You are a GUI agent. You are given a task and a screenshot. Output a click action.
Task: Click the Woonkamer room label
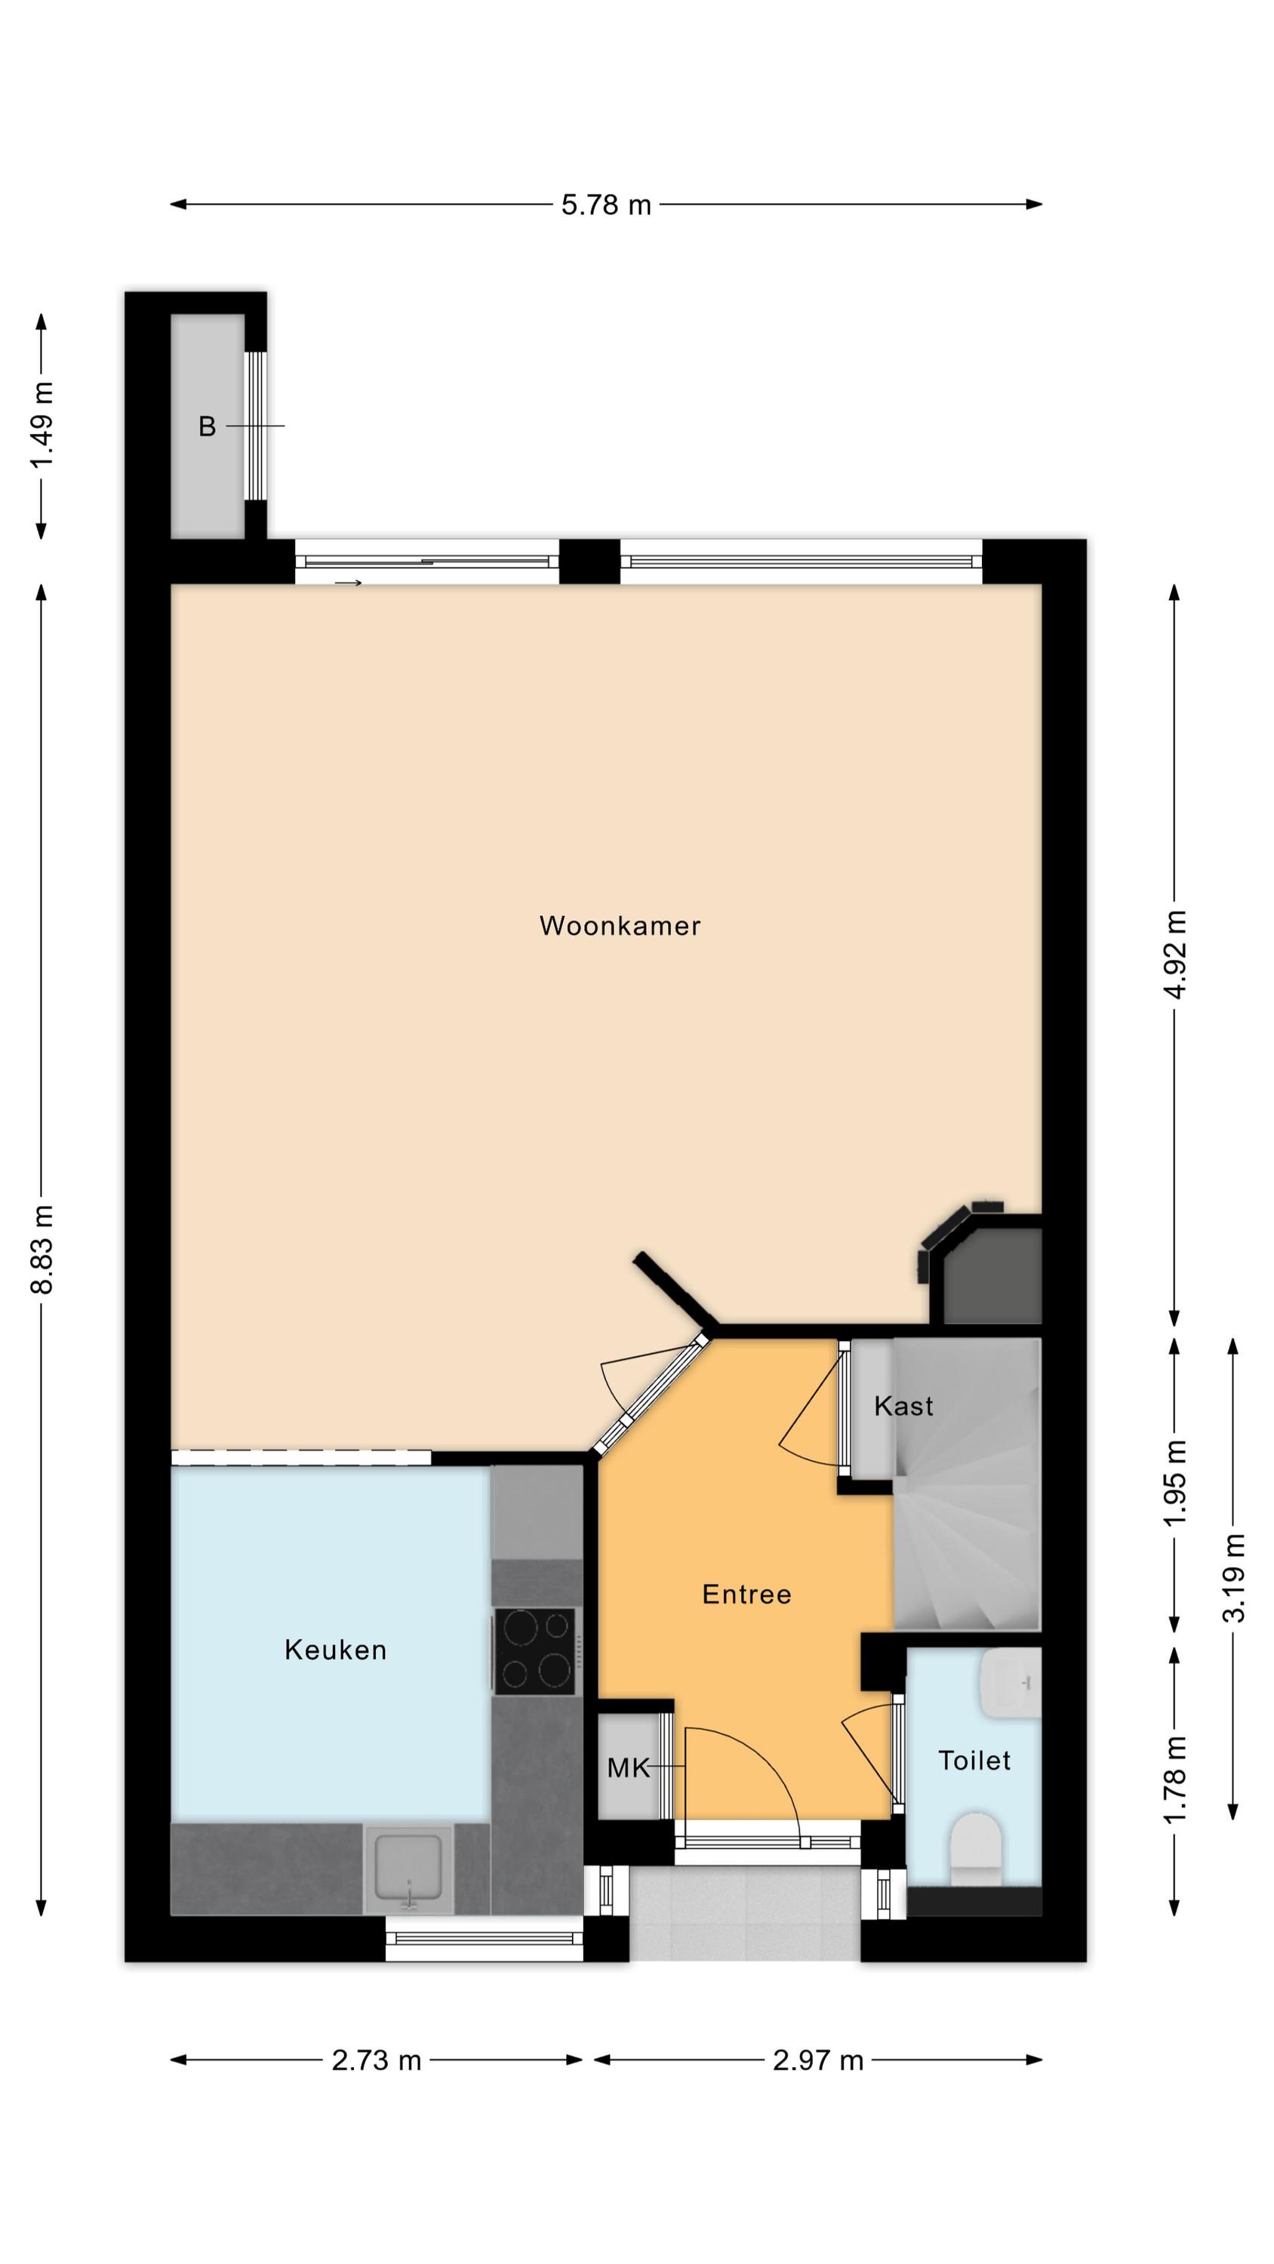tap(620, 925)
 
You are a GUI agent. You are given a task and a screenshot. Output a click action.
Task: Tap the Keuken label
tap(336, 1650)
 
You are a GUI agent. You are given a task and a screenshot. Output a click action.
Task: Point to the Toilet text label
tap(974, 1761)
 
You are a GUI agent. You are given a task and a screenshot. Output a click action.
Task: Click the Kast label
tap(903, 1406)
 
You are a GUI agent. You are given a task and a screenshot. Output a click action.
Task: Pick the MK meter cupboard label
tap(628, 1767)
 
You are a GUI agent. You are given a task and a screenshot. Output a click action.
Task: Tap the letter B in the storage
tap(207, 426)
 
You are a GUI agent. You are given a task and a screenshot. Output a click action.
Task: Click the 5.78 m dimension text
tap(607, 205)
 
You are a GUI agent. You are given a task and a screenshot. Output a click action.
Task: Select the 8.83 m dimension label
tap(42, 1249)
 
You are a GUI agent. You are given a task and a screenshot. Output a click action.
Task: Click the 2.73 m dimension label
tap(377, 2060)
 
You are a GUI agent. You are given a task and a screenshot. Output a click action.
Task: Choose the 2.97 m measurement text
tap(817, 2060)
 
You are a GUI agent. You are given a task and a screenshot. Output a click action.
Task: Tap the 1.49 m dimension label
tap(42, 426)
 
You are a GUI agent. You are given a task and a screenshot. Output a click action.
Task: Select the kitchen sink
tap(409, 1868)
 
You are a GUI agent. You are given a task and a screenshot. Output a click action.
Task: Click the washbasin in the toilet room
tap(1011, 1683)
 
